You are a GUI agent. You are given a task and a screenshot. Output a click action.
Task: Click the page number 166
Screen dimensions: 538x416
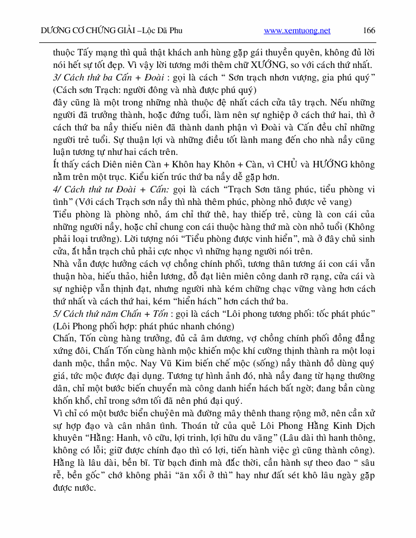point(369,30)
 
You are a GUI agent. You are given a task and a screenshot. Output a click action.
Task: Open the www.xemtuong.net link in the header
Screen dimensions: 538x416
point(297,30)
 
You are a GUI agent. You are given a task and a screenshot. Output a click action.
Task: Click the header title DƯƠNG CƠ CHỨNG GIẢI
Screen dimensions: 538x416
point(88,30)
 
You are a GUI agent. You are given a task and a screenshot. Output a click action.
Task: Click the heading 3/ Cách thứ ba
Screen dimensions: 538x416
point(84,78)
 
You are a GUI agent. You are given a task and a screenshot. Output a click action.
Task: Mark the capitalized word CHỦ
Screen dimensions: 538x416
point(289,165)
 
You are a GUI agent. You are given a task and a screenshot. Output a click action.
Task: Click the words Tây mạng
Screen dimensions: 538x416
point(96,53)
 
